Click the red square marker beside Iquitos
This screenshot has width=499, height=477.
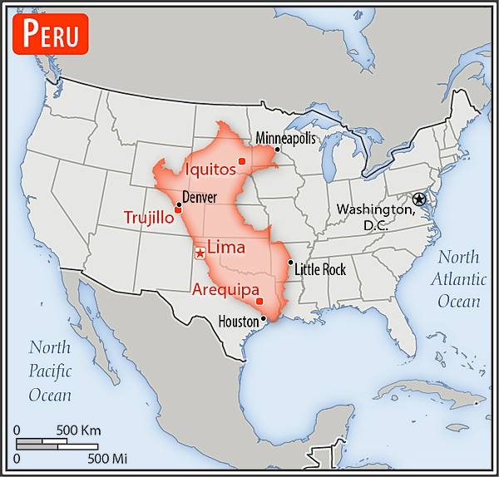click(x=241, y=161)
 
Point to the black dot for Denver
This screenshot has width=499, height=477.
click(x=178, y=204)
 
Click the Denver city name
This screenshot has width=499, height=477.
click(x=200, y=198)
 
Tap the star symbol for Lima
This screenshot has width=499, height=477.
click(x=200, y=253)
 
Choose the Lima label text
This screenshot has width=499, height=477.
click(x=225, y=247)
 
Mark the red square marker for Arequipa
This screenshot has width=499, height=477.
click(x=259, y=301)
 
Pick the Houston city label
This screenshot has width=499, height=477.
click(x=237, y=321)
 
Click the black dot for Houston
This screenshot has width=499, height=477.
click(x=264, y=317)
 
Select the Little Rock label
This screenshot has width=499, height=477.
click(x=321, y=271)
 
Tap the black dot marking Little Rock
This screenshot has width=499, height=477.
click(x=290, y=263)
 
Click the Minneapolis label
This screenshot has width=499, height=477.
click(x=286, y=138)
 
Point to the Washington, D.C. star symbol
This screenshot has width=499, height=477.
click(x=419, y=199)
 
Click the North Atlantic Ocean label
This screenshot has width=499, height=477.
click(x=458, y=278)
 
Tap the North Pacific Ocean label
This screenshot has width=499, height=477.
click(x=50, y=371)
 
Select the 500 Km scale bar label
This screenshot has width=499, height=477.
click(x=78, y=430)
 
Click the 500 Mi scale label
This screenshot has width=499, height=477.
click(x=107, y=458)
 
